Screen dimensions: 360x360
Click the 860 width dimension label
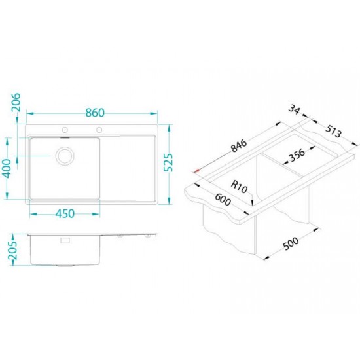click(95, 113)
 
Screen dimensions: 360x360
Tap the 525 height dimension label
click(168, 162)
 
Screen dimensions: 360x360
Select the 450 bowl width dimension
click(65, 214)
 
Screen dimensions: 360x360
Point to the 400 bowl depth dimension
click(7, 168)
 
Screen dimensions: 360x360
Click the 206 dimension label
click(16, 102)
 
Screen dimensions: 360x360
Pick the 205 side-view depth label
click(12, 250)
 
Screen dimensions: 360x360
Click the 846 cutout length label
click(239, 145)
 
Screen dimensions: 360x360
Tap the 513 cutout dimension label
click(333, 132)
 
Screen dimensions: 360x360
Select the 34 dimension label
click(294, 109)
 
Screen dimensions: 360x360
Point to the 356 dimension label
click(297, 155)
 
